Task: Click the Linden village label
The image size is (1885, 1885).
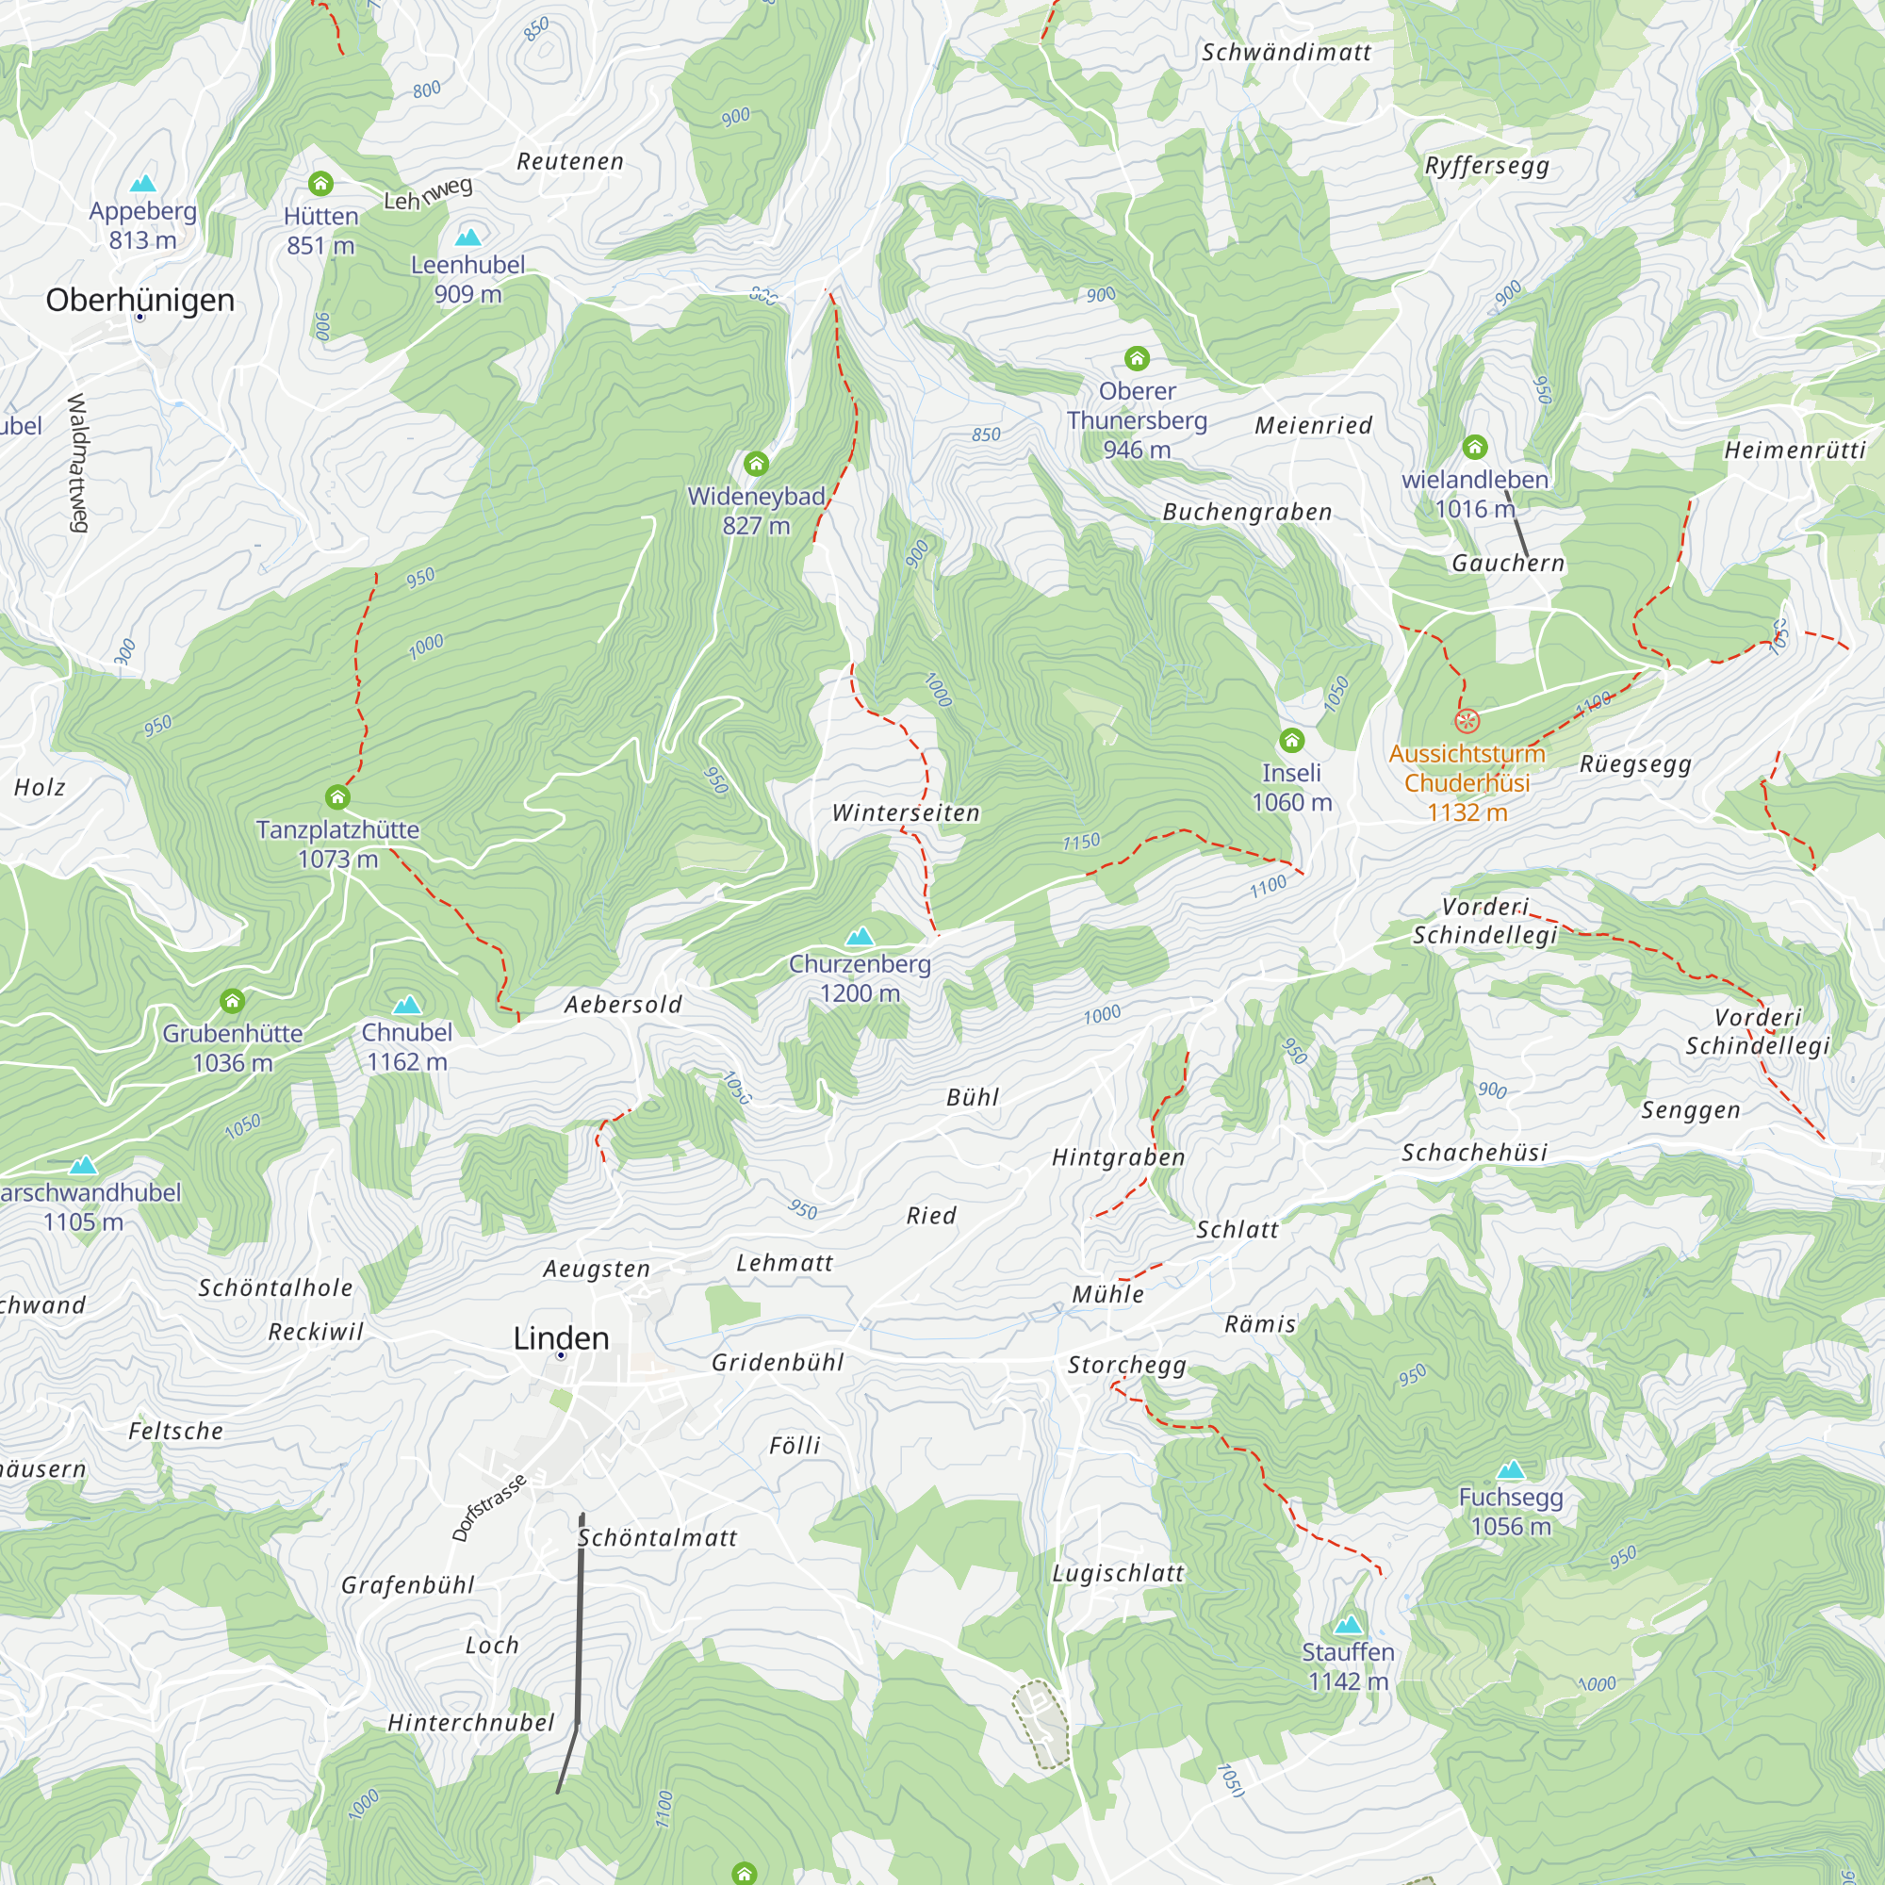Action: coord(561,1337)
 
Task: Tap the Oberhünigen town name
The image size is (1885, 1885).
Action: coord(139,300)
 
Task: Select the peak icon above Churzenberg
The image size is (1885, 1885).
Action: coord(860,938)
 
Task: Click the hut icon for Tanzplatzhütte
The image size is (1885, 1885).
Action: coord(337,797)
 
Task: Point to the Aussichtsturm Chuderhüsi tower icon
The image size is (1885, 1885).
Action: coord(1467,721)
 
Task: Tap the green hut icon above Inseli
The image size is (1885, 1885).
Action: coord(1292,740)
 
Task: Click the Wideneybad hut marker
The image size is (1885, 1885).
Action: coord(756,463)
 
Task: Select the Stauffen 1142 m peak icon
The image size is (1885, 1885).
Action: coord(1349,1625)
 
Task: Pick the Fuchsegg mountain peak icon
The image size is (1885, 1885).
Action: coord(1510,1469)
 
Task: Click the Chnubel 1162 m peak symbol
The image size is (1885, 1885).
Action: coord(407,1005)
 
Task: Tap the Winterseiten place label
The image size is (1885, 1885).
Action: coord(906,812)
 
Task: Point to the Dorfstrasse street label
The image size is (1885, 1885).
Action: coord(489,1507)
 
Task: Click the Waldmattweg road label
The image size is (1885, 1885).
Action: coord(78,463)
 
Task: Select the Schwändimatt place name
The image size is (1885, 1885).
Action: coord(1286,53)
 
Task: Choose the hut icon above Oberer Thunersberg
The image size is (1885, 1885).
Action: coord(1137,358)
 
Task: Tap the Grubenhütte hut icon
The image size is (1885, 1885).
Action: coord(232,1001)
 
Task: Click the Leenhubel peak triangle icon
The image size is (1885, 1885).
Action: coord(468,238)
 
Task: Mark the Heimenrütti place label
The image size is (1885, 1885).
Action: coord(1795,451)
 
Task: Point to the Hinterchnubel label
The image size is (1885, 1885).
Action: coord(471,1722)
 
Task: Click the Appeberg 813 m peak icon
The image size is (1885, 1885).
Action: coord(143,184)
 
